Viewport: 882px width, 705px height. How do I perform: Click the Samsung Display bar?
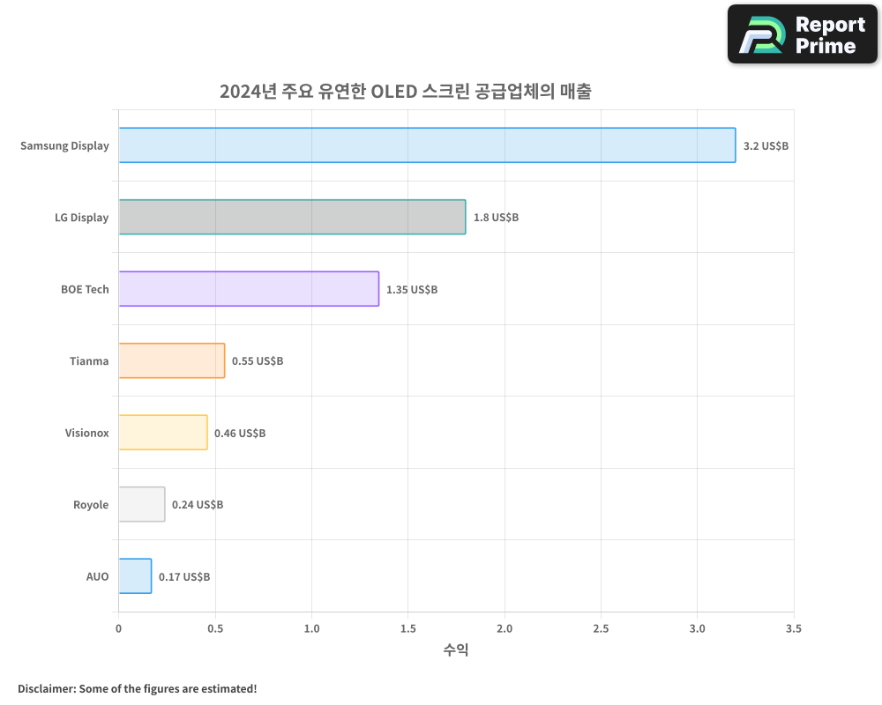427,145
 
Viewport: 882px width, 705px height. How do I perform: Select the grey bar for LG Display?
292,217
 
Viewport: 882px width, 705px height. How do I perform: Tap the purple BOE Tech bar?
249,289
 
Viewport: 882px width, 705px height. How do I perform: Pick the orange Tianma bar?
172,360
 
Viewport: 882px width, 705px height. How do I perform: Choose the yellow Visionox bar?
163,433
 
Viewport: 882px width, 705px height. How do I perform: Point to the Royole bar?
142,504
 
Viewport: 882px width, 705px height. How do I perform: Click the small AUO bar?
135,576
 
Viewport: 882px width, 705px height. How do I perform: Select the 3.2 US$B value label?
766,145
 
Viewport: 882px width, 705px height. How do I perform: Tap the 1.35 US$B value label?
412,289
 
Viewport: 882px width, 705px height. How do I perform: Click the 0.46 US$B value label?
240,433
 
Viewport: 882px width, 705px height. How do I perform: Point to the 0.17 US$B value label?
184,576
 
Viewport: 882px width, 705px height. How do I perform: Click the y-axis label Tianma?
89,360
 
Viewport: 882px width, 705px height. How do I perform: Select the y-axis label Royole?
91,505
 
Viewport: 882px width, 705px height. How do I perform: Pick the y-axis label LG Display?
81,218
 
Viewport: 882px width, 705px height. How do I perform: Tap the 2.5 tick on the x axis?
601,628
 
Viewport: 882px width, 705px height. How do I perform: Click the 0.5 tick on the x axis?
215,628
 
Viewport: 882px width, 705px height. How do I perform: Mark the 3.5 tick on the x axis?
794,628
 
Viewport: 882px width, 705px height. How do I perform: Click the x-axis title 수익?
456,650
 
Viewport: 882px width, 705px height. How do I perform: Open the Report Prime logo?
803,34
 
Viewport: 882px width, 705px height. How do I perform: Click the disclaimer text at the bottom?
138,688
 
